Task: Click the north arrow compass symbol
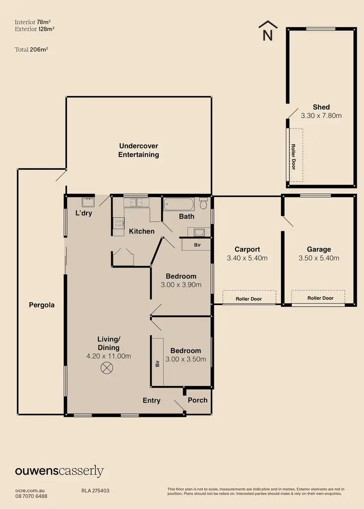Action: [x=267, y=31]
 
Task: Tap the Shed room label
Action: [x=321, y=107]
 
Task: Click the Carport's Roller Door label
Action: [x=249, y=299]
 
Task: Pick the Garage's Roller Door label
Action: [x=321, y=298]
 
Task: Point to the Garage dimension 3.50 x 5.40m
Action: [x=319, y=258]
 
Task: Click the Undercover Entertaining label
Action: [x=139, y=150]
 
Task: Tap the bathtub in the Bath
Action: [x=180, y=204]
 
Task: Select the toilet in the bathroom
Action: [x=203, y=204]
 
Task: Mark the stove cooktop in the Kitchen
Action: [x=118, y=223]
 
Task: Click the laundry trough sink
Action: [x=88, y=201]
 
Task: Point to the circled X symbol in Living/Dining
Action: [x=106, y=369]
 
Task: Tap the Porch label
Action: [x=198, y=400]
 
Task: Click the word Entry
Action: [x=151, y=400]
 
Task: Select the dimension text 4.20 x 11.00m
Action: [x=108, y=356]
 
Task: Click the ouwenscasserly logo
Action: [x=59, y=471]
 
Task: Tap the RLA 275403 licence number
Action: [x=96, y=491]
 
